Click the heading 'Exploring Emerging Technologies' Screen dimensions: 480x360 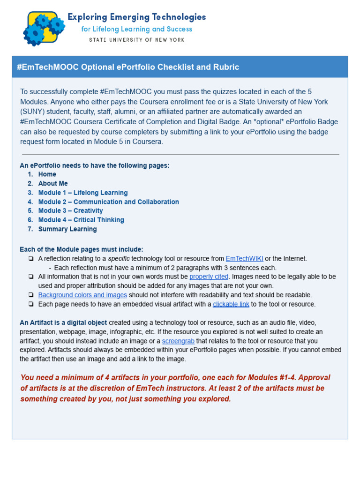(136, 17)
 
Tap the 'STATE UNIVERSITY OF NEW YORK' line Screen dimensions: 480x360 (137, 40)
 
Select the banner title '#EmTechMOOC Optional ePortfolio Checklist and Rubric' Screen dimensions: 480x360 (128, 67)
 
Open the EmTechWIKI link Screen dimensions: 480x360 (244, 259)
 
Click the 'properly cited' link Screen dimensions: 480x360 (209, 277)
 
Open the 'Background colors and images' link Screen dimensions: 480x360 (82, 295)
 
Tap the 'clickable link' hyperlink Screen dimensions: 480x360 (231, 304)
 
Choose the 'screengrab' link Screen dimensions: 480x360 (178, 341)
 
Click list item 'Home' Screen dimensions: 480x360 (47, 174)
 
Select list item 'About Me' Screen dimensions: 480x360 (53, 183)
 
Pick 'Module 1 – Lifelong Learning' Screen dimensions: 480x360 (83, 193)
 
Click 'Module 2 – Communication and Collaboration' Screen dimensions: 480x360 (109, 202)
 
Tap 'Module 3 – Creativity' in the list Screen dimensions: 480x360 (70, 210)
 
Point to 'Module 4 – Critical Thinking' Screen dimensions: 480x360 (81, 220)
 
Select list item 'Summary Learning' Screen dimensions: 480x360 (67, 229)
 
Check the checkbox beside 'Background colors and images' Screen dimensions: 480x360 (30, 295)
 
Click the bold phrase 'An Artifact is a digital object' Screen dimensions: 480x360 (63, 322)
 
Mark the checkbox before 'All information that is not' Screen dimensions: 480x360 (30, 277)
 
